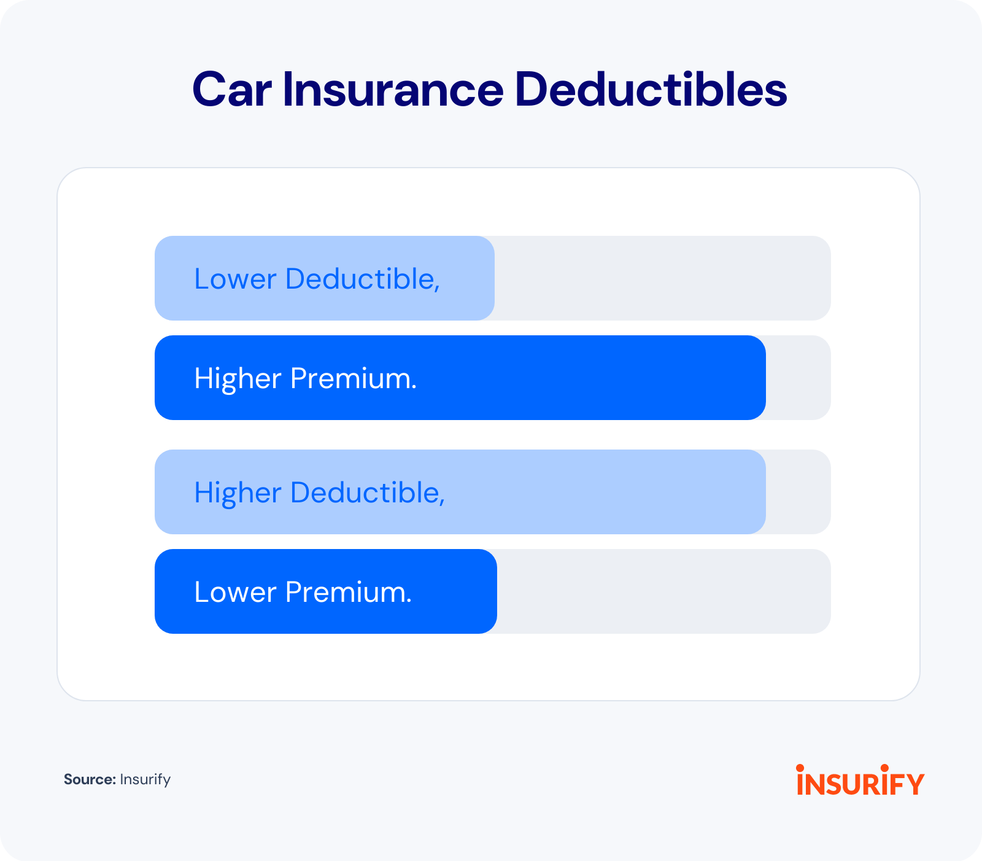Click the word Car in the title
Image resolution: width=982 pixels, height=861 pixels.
tap(232, 90)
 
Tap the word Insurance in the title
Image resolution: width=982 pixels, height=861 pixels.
tap(393, 90)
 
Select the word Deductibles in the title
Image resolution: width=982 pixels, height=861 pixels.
tap(651, 90)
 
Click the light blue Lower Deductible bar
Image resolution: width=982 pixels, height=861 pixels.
tap(325, 278)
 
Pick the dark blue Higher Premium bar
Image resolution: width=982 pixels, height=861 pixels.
tap(460, 378)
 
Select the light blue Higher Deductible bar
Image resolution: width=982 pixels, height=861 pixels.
tap(460, 492)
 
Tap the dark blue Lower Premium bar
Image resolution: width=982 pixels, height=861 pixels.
tap(326, 591)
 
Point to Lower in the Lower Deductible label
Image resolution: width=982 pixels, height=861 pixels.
tap(235, 279)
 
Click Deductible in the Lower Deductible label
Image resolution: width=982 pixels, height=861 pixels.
tap(363, 279)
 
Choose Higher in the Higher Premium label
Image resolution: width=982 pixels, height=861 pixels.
tap(238, 378)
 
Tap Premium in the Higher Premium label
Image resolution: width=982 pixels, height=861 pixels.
tap(354, 379)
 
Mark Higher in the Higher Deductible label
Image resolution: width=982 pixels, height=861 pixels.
tap(238, 493)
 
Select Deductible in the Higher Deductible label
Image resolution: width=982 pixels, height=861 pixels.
tap(368, 493)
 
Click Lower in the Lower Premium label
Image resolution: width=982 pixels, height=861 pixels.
tap(235, 592)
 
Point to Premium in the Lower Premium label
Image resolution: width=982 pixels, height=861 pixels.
tap(349, 593)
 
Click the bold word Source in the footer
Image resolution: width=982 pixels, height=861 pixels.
tap(90, 779)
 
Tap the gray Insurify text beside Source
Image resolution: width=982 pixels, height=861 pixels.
tap(145, 780)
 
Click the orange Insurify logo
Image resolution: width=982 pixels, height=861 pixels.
tap(860, 780)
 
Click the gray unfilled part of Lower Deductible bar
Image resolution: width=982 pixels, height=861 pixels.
tap(663, 278)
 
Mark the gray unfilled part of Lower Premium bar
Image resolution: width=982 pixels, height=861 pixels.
tap(664, 591)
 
